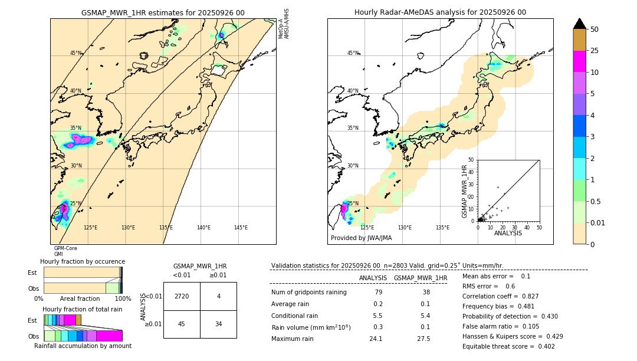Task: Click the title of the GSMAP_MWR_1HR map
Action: pos(163,12)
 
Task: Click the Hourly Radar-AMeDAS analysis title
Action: pos(440,12)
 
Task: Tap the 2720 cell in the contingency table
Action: pos(182,296)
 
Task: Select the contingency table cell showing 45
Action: pos(182,324)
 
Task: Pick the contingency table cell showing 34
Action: pos(218,324)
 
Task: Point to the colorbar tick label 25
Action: pos(595,51)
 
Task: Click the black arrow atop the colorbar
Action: pos(580,24)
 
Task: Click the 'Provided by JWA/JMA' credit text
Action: pos(361,238)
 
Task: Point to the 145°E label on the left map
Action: pos(241,228)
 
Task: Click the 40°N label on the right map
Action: pos(353,91)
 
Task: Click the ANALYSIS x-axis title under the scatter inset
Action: pos(508,233)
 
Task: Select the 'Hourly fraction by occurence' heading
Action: pos(83,261)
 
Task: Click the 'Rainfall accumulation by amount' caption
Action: pos(83,346)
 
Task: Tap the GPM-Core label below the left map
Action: pos(65,248)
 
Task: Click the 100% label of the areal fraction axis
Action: pos(123,299)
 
